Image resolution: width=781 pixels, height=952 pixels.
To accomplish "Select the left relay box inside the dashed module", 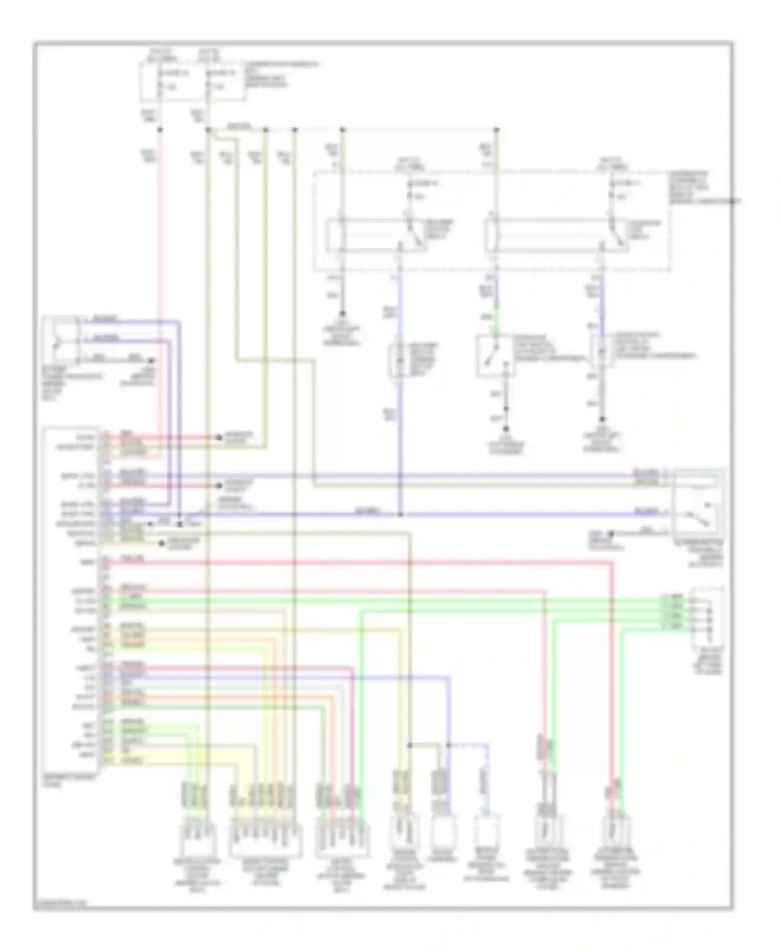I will [x=375, y=236].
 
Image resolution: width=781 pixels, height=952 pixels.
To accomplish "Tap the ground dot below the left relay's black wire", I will [x=342, y=314].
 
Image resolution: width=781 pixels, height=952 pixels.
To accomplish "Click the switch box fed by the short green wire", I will [x=495, y=356].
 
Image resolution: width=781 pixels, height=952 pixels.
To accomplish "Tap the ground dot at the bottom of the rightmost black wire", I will [x=602, y=419].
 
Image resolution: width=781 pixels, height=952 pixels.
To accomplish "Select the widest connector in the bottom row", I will [x=265, y=840].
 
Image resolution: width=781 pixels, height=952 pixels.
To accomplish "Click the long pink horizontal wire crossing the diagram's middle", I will [x=364, y=562].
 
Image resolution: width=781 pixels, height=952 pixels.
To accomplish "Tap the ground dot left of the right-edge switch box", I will [x=612, y=534].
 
